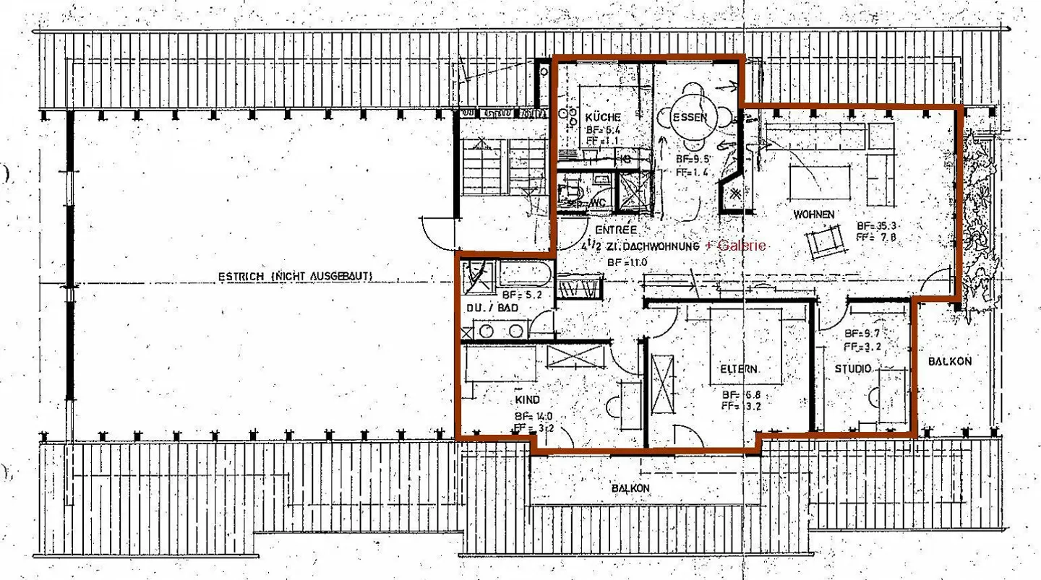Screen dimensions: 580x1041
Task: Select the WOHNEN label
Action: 814,215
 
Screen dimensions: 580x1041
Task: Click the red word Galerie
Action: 740,246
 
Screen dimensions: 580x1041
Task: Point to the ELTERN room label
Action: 738,369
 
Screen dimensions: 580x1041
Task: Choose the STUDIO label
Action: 853,369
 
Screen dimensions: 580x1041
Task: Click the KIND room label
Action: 528,399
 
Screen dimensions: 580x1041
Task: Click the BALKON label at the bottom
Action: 630,488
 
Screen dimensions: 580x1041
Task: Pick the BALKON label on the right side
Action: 950,361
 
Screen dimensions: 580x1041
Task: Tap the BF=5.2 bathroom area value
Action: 519,295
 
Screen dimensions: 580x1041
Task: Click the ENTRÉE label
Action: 609,230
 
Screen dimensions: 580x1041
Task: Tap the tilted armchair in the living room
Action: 825,241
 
